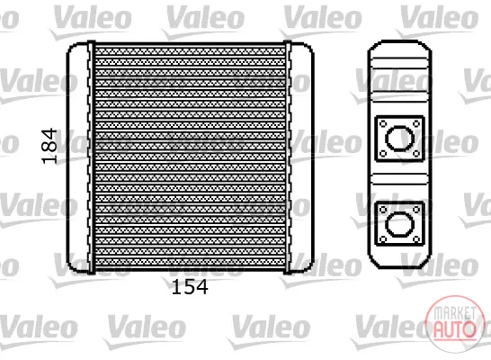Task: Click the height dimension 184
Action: pos(49,146)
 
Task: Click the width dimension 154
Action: pos(190,287)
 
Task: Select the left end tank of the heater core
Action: pos(77,157)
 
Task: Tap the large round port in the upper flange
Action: pos(399,139)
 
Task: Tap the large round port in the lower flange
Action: pos(399,224)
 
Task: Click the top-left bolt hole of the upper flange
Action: pos(383,124)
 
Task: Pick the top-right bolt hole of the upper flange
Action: pos(416,124)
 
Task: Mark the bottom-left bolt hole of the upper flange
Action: pos(383,154)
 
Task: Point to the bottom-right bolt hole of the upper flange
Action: pos(416,154)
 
